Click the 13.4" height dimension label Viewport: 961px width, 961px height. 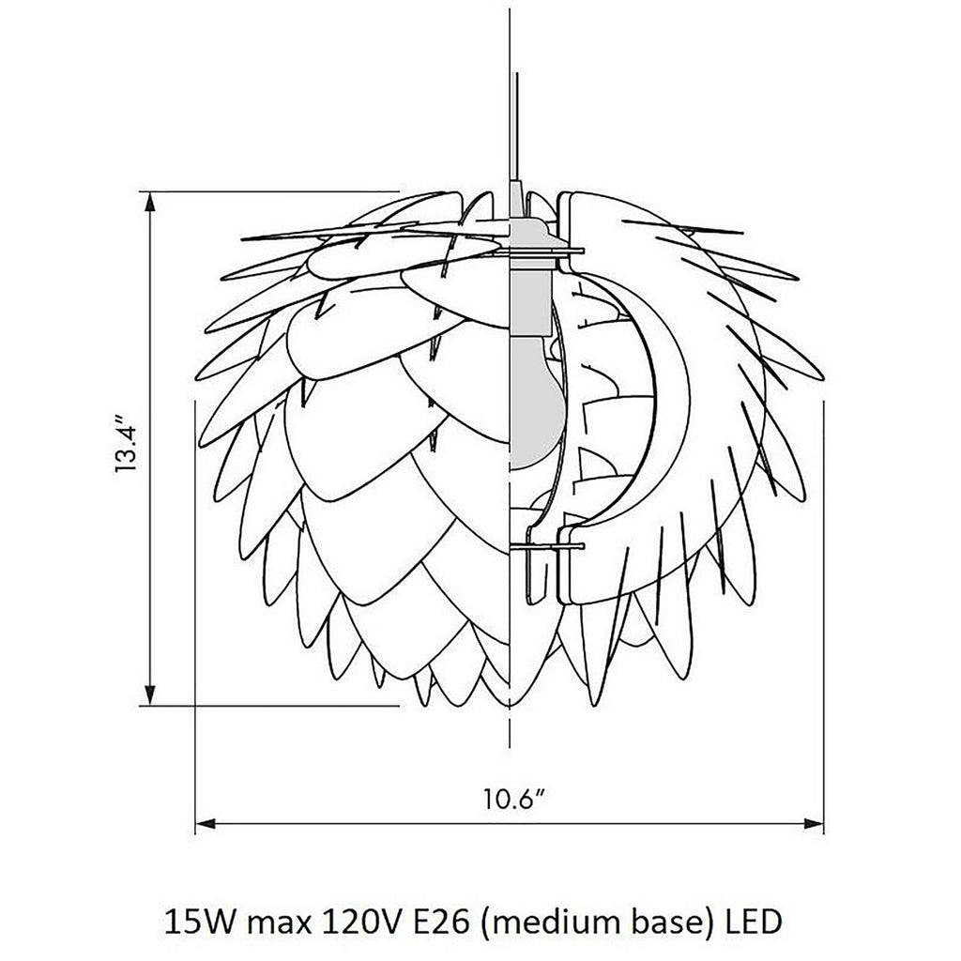[x=128, y=445]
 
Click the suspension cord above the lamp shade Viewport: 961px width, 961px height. [x=514, y=113]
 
